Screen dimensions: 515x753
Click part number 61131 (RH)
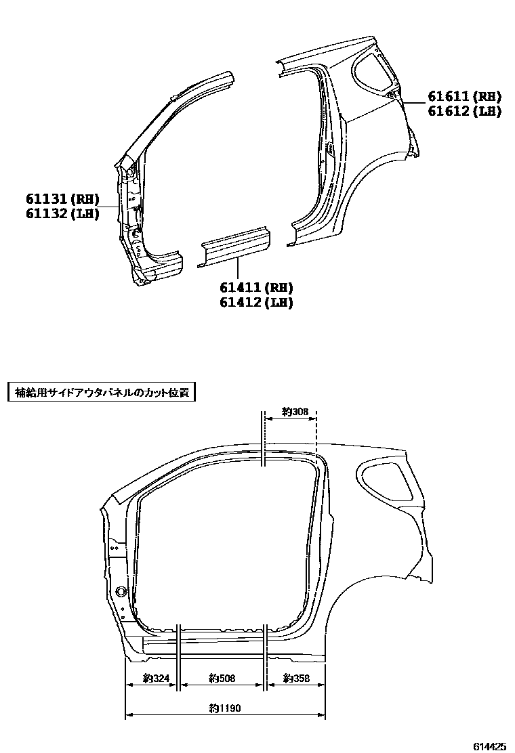coord(63,199)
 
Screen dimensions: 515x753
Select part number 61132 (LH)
coord(63,213)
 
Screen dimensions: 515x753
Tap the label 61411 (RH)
coord(255,288)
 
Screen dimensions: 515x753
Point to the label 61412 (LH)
coord(255,303)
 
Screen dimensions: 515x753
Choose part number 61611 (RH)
coord(464,96)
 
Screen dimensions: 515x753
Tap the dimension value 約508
coord(222,678)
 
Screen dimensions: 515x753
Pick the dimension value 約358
coord(296,678)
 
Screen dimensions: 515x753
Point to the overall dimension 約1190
coord(225,708)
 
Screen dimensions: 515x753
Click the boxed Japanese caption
coord(101,392)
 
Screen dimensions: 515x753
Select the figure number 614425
coord(489,746)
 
